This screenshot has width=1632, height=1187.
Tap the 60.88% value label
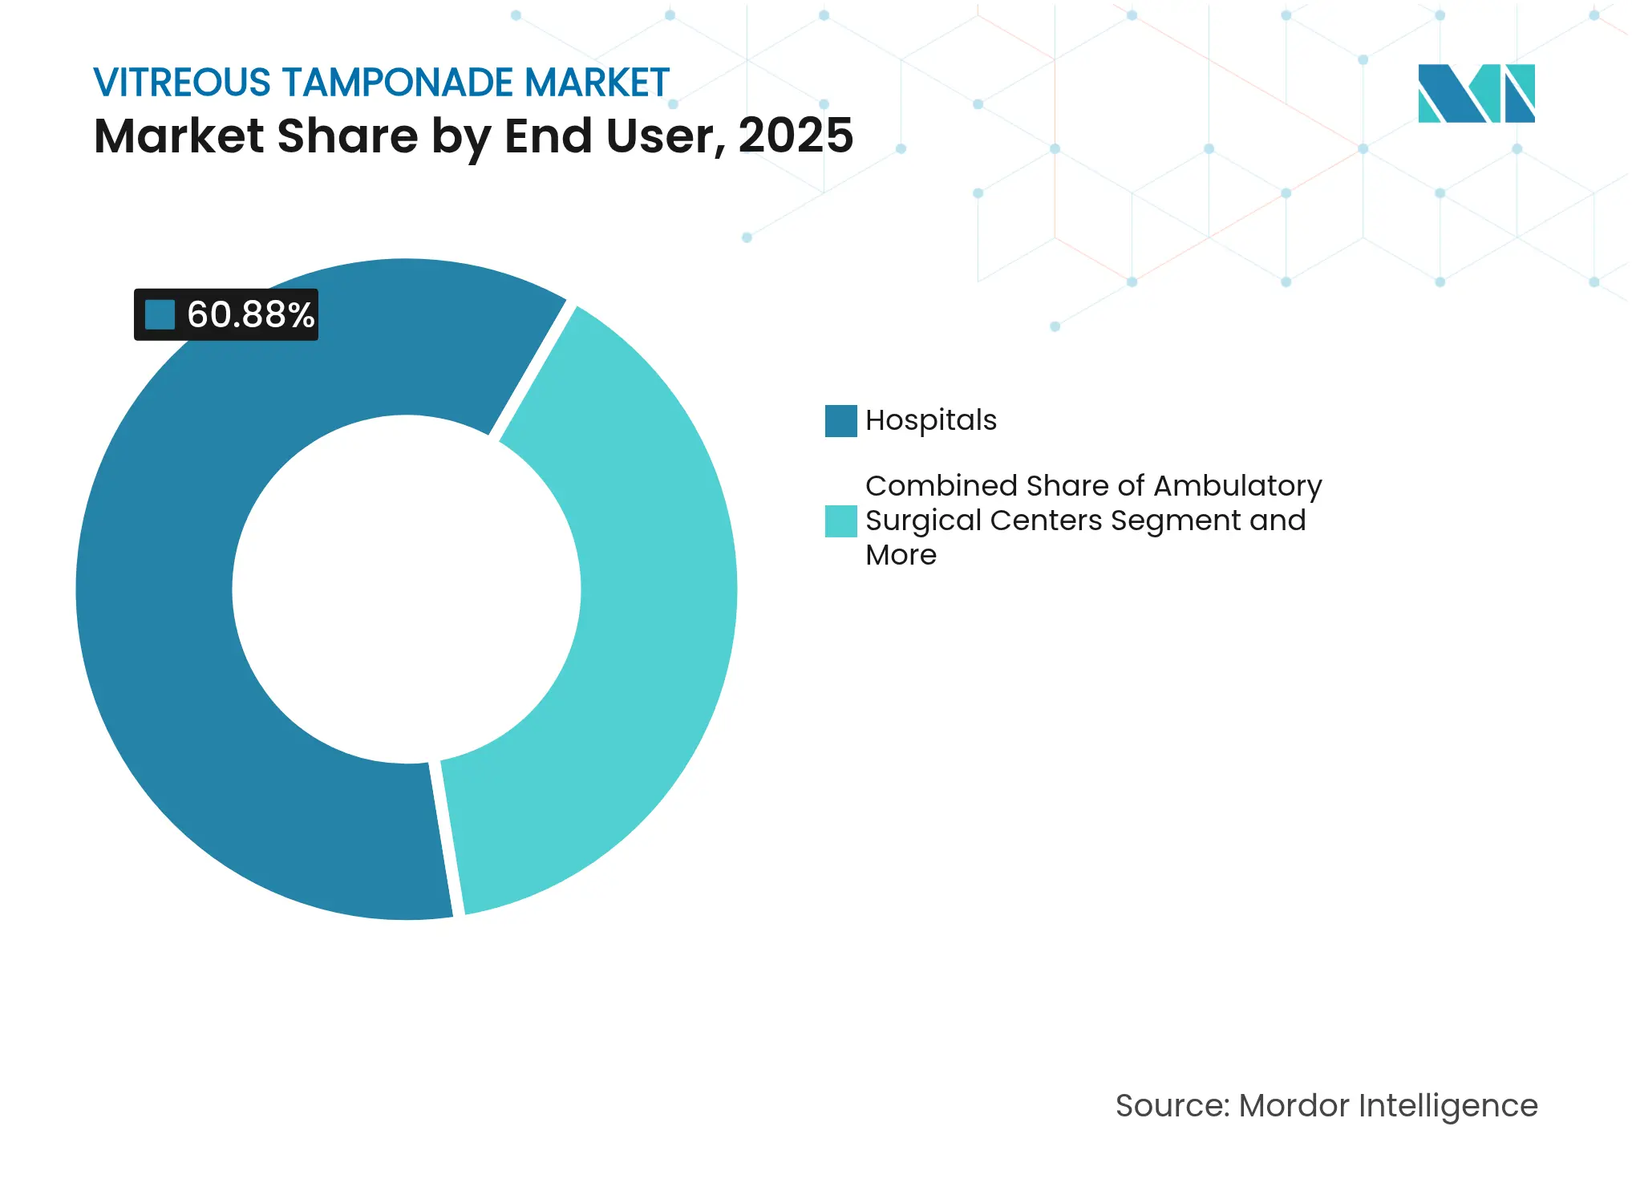(x=250, y=314)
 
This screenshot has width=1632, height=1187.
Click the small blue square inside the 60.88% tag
(x=160, y=314)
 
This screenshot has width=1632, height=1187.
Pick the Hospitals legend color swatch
(x=840, y=421)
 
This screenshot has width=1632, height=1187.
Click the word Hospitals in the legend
(x=930, y=420)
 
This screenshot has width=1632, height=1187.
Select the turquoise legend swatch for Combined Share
(x=840, y=521)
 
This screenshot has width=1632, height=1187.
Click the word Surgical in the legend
(x=923, y=521)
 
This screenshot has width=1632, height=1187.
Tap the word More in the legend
(x=901, y=555)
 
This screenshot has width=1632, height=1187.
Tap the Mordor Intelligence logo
(x=1476, y=93)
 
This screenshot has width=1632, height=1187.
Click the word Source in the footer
(x=1171, y=1105)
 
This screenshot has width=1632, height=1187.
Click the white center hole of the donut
(x=407, y=589)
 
